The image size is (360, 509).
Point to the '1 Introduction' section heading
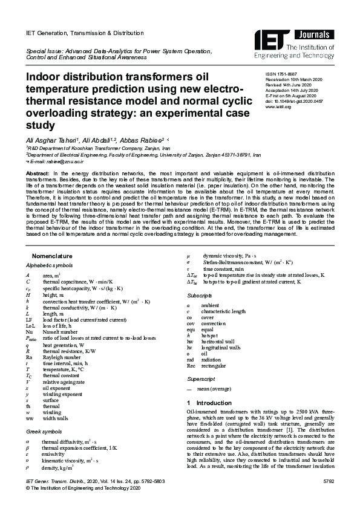point(209,403)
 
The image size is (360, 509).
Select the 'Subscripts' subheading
point(199,296)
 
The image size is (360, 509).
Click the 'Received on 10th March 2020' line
point(295,80)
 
